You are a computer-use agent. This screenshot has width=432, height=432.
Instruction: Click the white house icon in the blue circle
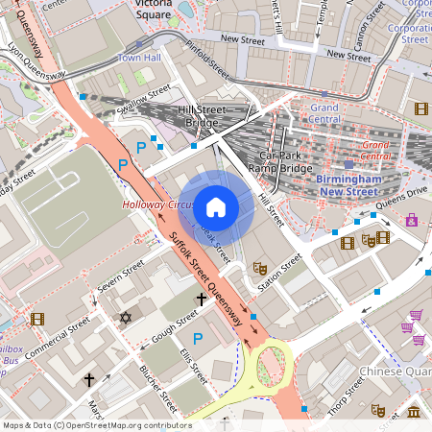coord(216,206)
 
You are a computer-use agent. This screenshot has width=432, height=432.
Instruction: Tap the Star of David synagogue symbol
coord(124,317)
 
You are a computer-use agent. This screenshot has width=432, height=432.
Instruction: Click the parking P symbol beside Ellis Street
coord(199,338)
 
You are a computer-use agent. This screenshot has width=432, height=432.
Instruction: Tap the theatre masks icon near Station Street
coord(257,268)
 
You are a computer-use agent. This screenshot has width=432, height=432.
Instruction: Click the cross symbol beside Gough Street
coord(201,300)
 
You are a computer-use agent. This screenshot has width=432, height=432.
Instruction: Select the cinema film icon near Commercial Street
coord(36,319)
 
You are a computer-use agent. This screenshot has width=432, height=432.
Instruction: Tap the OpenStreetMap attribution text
coord(96,424)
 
